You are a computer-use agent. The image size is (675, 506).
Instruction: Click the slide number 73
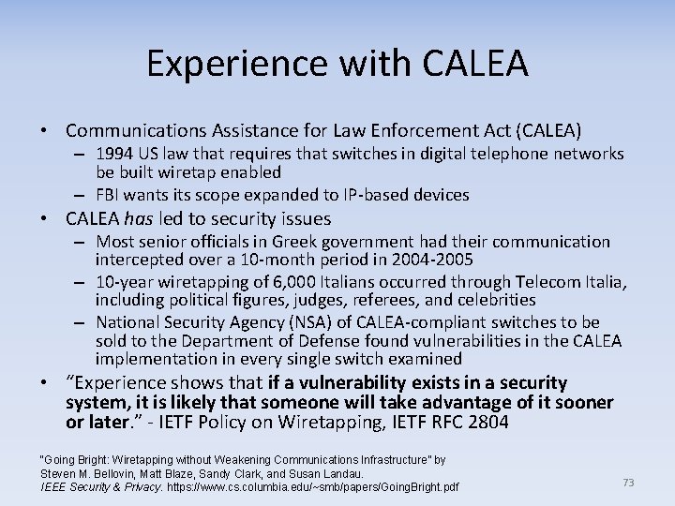(x=628, y=483)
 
